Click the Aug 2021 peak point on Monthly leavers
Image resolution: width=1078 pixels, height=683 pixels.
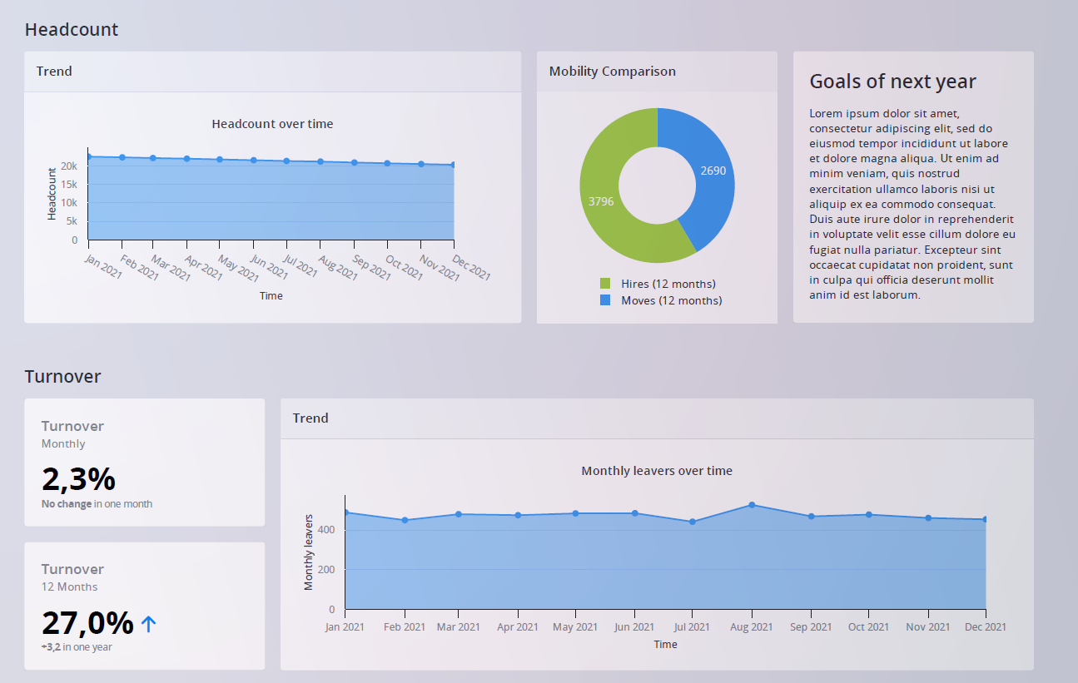click(752, 505)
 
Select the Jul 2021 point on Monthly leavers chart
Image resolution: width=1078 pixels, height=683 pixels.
click(693, 522)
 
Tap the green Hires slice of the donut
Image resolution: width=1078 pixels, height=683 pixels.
click(601, 200)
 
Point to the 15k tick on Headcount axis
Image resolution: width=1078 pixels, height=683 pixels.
click(70, 185)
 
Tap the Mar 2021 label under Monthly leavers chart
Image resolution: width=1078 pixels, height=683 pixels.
click(458, 627)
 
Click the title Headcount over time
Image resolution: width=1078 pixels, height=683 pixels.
click(272, 124)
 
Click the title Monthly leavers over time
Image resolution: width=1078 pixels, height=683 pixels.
click(657, 471)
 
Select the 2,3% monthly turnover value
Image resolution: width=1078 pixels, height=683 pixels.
click(78, 479)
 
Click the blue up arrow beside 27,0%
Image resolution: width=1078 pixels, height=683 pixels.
click(149, 624)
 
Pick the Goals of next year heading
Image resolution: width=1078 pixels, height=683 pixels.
click(892, 82)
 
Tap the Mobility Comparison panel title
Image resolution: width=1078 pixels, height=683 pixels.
click(612, 72)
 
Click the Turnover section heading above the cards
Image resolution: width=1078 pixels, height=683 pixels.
click(62, 377)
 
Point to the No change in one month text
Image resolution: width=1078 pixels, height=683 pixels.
click(97, 504)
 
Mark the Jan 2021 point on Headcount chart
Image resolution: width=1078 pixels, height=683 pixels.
click(88, 156)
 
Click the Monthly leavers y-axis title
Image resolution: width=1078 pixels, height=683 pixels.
click(309, 552)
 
